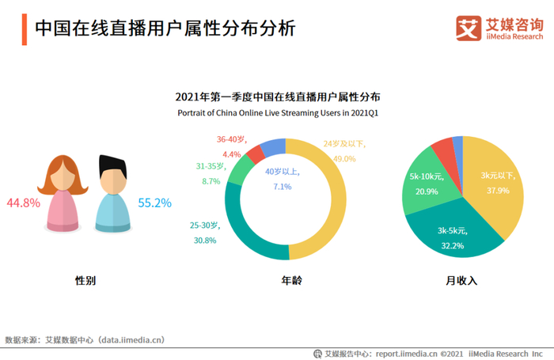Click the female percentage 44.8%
tap(23, 203)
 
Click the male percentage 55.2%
tap(154, 203)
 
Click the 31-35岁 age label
tap(211, 166)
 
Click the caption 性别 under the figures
tap(85, 280)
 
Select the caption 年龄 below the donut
tap(291, 280)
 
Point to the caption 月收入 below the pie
tap(462, 280)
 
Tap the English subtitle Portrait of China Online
tap(278, 113)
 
